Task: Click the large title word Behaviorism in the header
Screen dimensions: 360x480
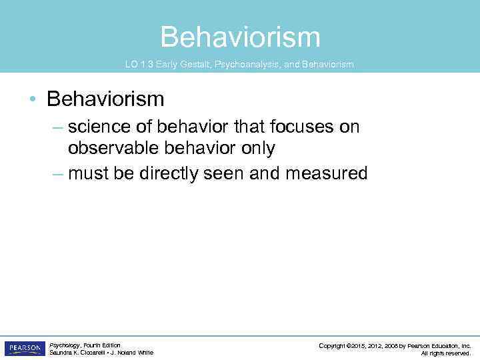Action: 240,37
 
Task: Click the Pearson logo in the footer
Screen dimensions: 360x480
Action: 25,349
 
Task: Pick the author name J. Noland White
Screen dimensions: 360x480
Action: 133,353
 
